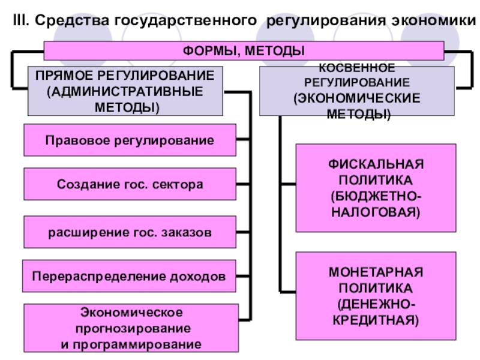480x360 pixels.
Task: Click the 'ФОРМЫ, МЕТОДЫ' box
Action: [244, 51]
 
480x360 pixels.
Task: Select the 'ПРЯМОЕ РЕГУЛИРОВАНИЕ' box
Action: [124, 91]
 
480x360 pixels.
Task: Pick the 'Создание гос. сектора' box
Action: [130, 185]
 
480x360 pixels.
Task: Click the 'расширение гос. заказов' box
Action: [130, 232]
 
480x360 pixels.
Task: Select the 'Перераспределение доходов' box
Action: [129, 277]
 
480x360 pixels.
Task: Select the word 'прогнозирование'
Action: [133, 329]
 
